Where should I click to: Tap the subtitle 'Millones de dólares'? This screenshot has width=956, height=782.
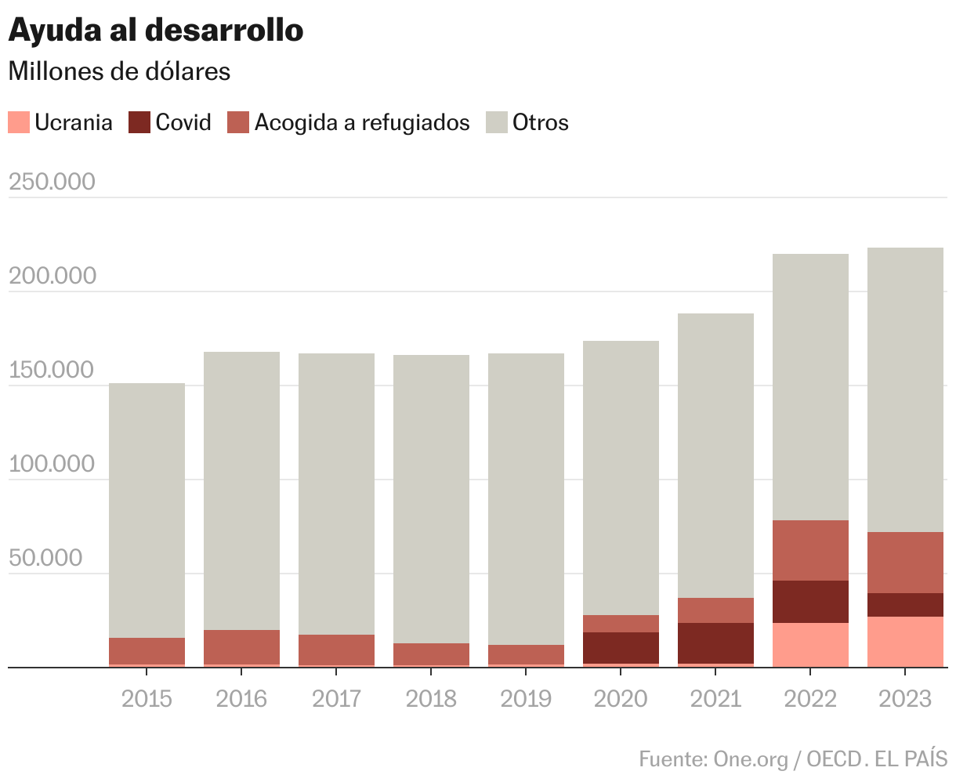click(x=119, y=71)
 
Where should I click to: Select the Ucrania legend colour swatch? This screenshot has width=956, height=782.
click(x=19, y=122)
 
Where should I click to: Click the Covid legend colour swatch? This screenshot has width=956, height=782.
click(x=139, y=122)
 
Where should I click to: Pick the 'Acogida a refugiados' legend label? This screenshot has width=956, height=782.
click(x=362, y=122)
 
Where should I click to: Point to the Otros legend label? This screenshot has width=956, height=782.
click(x=541, y=122)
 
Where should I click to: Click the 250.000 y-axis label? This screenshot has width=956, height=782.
click(x=52, y=182)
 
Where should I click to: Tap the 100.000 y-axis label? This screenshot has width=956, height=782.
click(x=52, y=464)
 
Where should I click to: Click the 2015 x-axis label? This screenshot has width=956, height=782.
click(x=147, y=698)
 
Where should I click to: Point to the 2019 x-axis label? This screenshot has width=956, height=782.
click(x=525, y=698)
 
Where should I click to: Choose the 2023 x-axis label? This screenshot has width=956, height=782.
click(x=905, y=698)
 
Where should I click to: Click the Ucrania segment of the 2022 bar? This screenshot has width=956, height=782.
click(x=810, y=644)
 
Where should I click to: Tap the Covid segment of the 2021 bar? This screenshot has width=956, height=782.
click(x=715, y=643)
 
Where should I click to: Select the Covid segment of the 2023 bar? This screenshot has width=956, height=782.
click(x=905, y=604)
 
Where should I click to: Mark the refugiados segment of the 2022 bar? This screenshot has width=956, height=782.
click(x=810, y=550)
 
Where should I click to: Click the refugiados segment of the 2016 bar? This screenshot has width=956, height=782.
click(x=241, y=646)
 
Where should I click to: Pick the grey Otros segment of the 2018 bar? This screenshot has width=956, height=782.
click(x=431, y=498)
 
